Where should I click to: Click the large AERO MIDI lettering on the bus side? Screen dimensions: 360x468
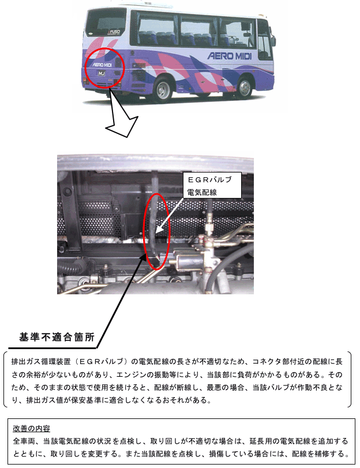229,55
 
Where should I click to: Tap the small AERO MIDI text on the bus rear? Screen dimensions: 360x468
102,65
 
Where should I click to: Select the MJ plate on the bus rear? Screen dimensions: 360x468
102,73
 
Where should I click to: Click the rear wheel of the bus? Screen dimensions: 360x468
163,89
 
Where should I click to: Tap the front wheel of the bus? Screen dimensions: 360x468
244,88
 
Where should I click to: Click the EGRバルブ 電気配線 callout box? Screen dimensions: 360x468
212,185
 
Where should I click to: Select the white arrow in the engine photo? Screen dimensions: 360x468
170,215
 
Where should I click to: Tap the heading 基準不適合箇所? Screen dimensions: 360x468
57,337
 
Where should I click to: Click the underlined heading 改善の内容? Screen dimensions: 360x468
31,429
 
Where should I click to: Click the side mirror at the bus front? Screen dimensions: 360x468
273,41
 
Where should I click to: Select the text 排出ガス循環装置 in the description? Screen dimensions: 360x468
41,361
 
